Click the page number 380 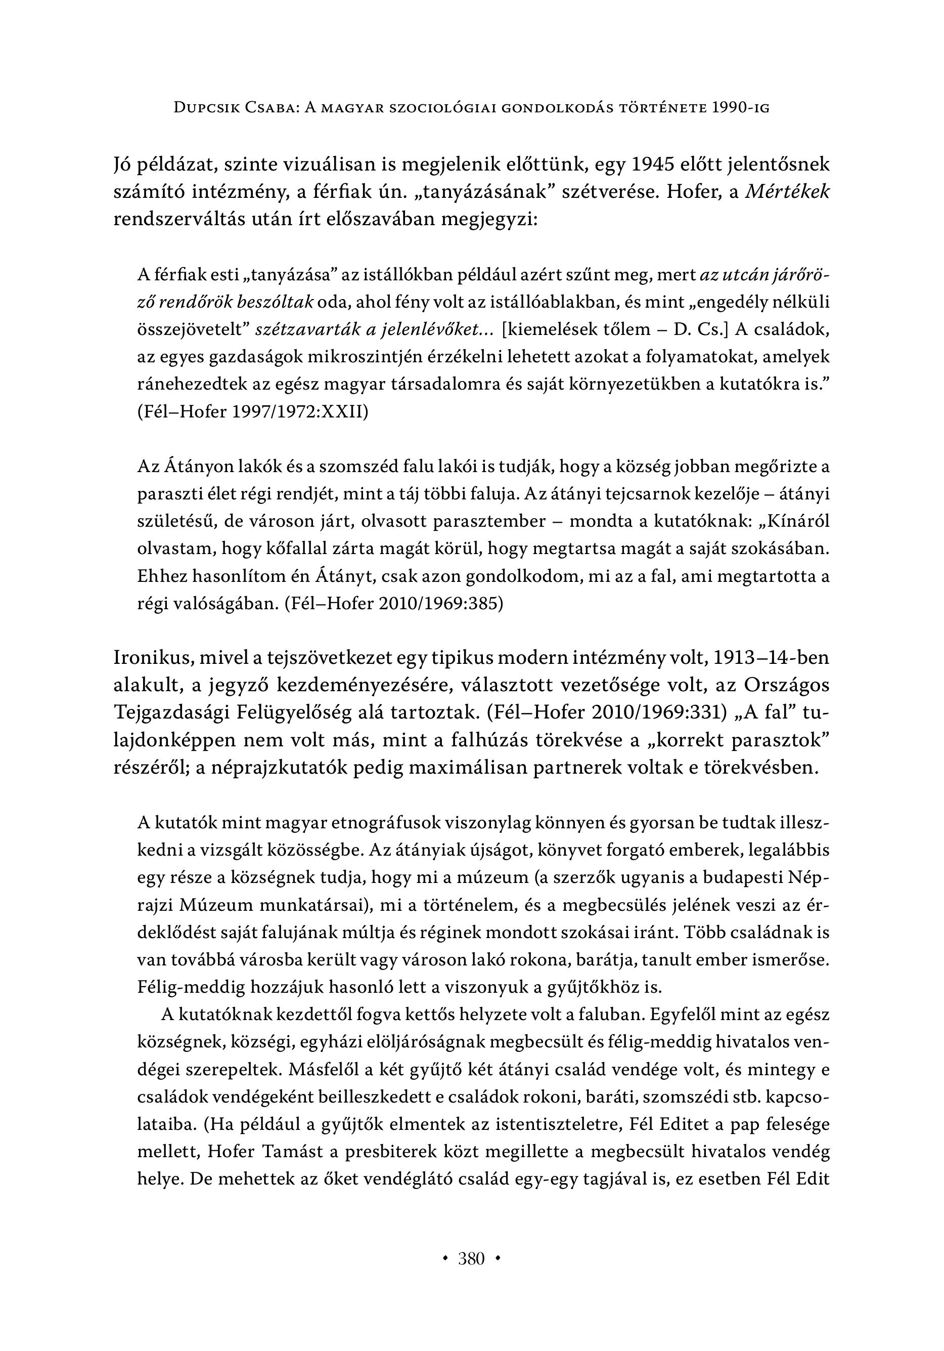click(472, 1260)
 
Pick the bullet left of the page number click(445, 1260)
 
